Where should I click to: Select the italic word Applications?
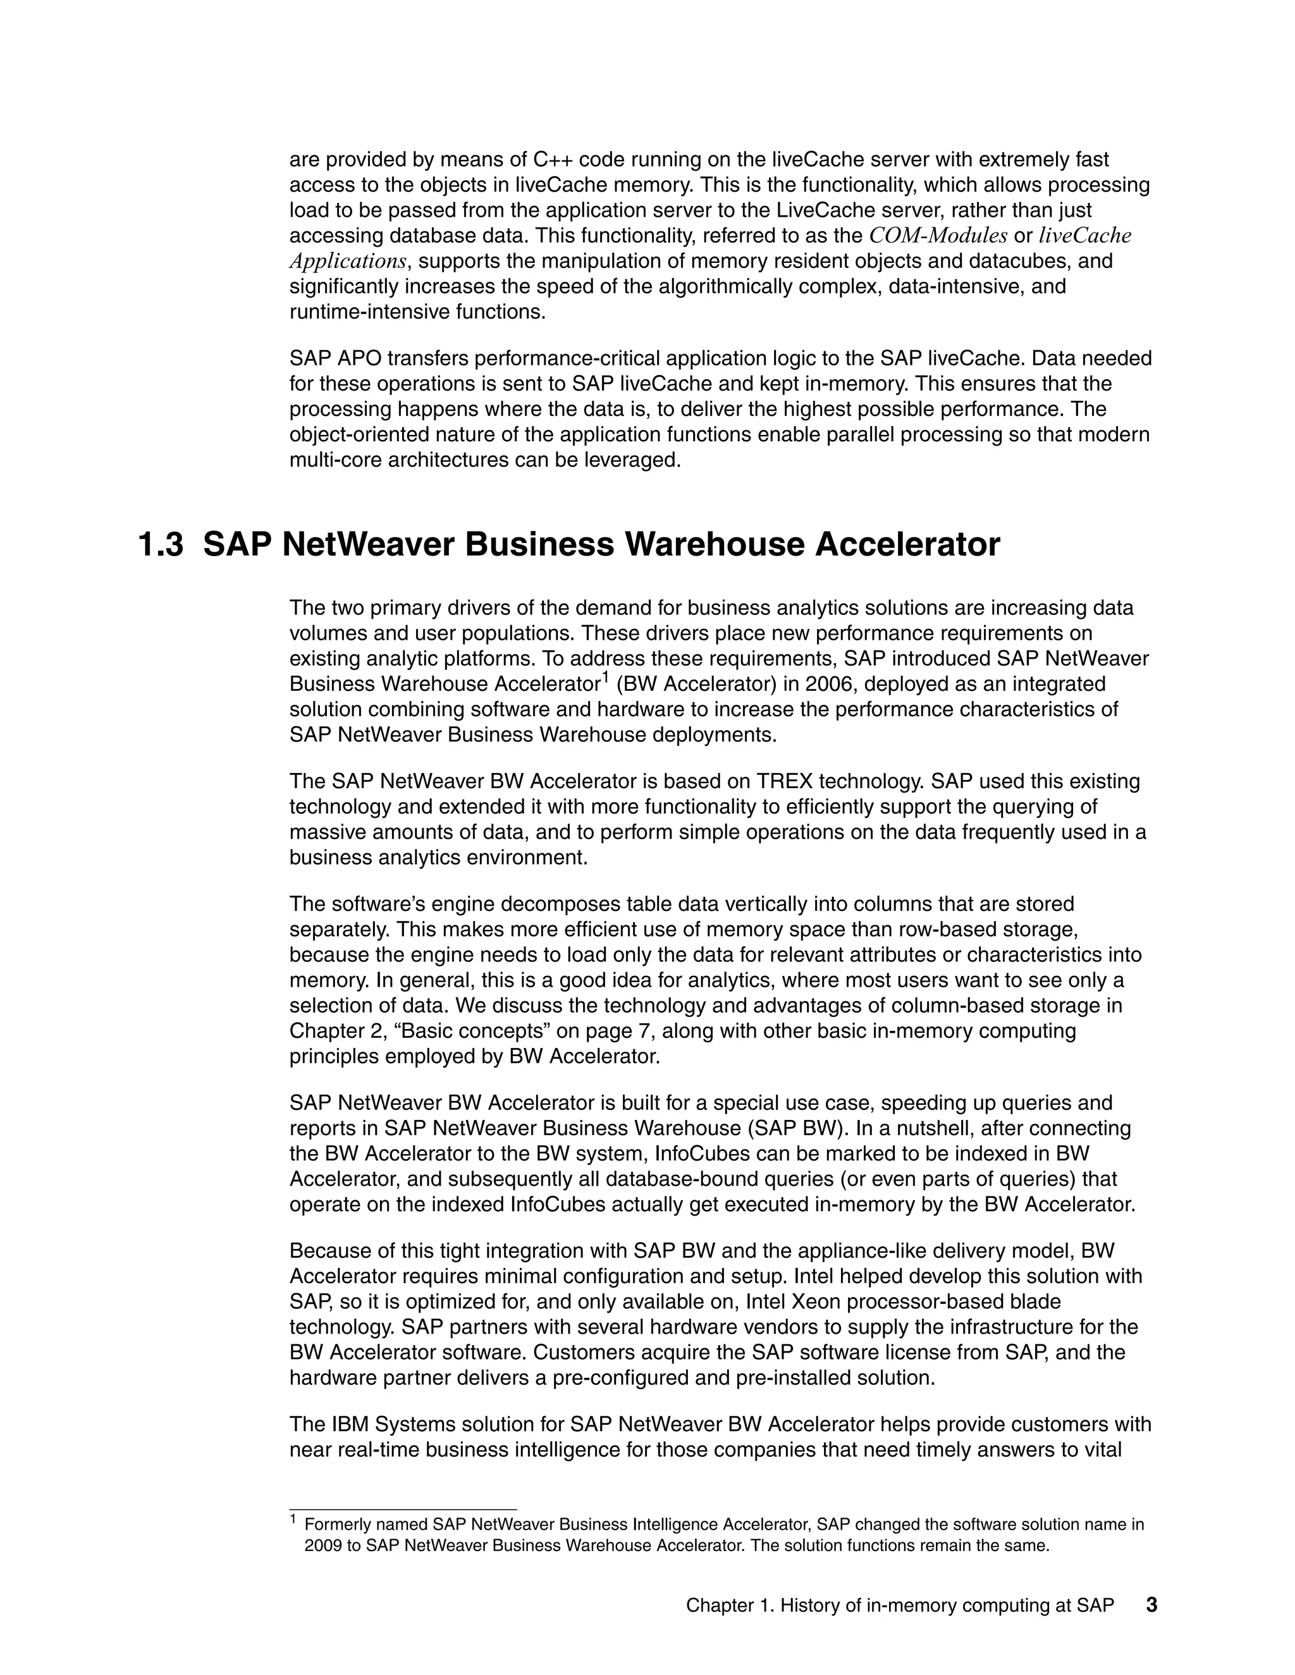(x=347, y=262)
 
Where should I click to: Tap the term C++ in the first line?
(x=553, y=159)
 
